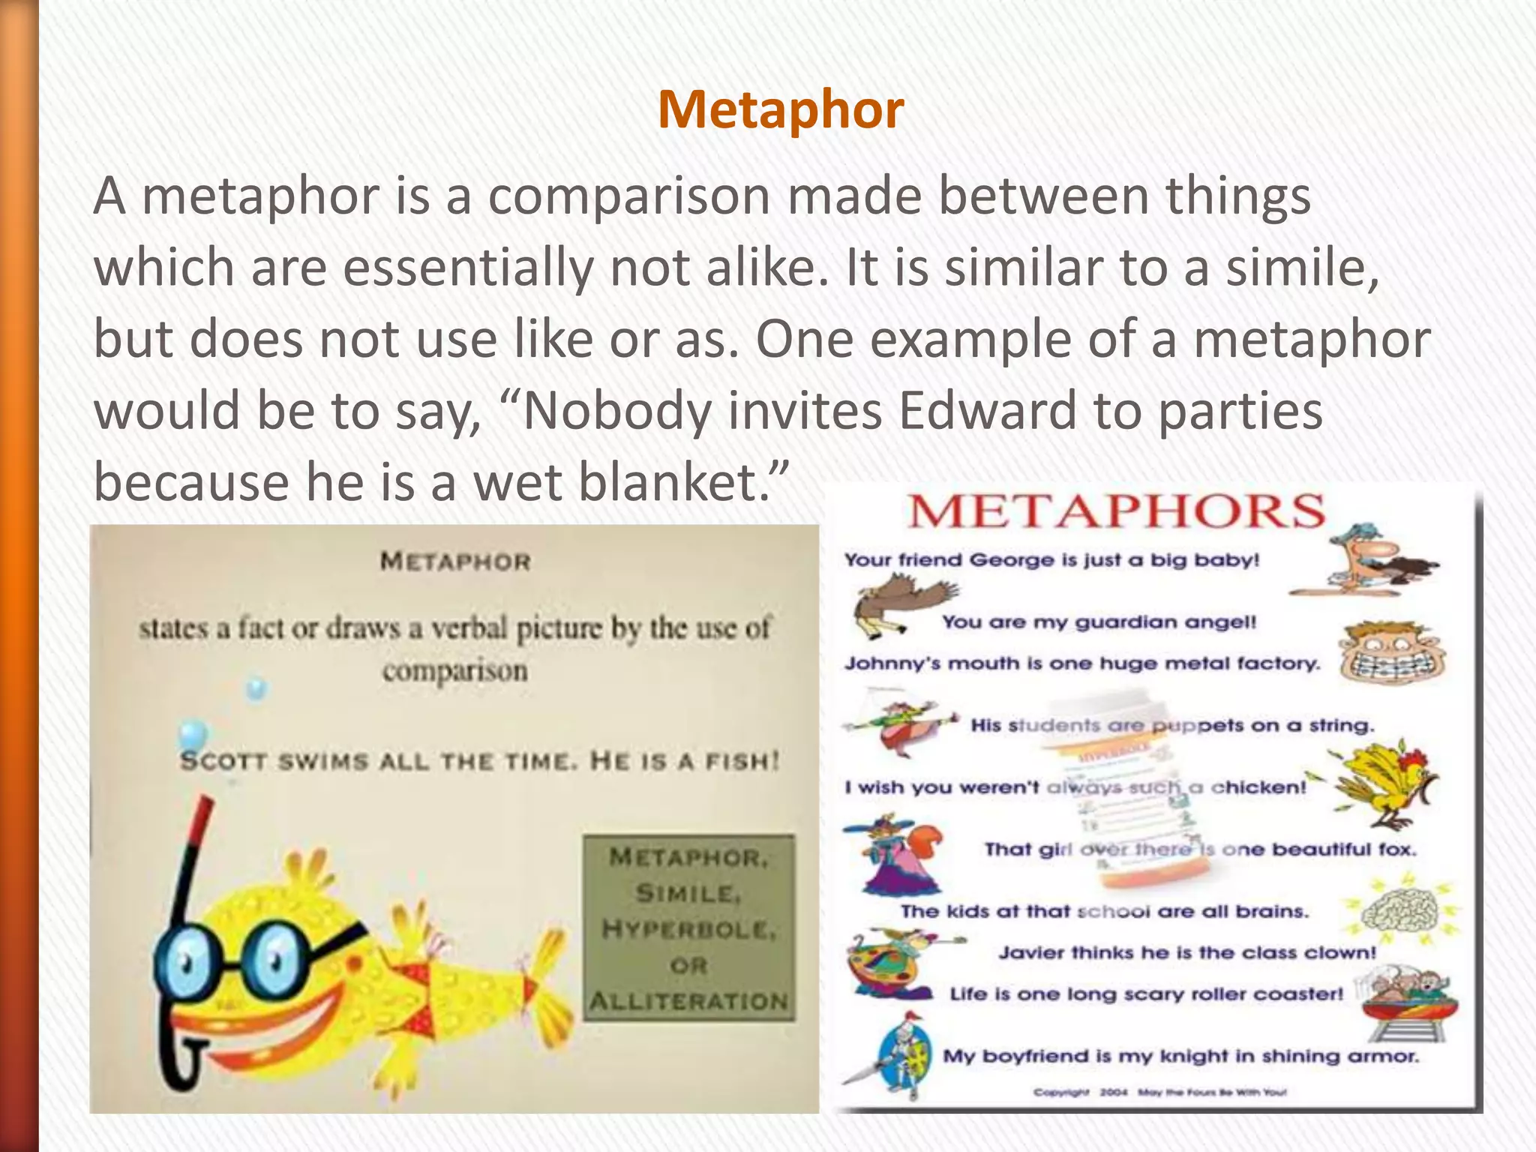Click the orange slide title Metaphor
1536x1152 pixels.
[x=781, y=109]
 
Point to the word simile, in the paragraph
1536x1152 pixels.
[x=1302, y=267]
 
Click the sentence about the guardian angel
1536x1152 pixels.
[x=1099, y=622]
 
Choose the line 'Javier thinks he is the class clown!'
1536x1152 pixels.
[x=1187, y=952]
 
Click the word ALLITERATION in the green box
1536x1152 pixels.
[x=688, y=1001]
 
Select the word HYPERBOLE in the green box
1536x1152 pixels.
[x=688, y=930]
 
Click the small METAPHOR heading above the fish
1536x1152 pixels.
[x=455, y=561]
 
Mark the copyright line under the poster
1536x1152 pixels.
[x=1159, y=1092]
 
